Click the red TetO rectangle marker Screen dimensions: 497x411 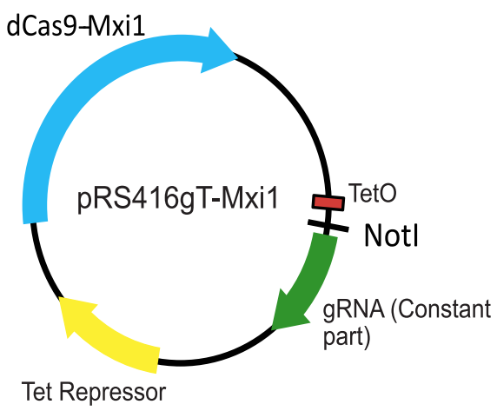pyautogui.click(x=328, y=202)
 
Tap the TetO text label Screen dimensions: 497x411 pyautogui.click(x=372, y=193)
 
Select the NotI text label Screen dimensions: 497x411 pyautogui.click(x=392, y=235)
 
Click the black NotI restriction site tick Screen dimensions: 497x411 pyautogui.click(x=328, y=225)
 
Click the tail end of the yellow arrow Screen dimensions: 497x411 pyautogui.click(x=158, y=361)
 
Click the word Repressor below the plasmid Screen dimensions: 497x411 pyautogui.click(x=113, y=392)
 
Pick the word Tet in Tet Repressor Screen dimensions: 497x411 pyautogui.click(x=36, y=391)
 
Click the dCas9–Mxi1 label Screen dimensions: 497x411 pyautogui.click(x=76, y=26)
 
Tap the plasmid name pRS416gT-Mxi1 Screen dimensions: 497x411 pyautogui.click(x=177, y=199)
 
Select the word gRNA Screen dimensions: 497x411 pyautogui.click(x=354, y=308)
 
